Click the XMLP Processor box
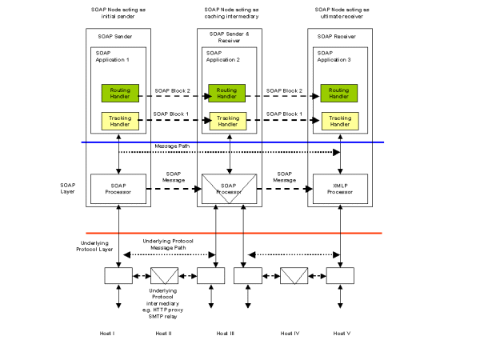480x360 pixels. [340, 189]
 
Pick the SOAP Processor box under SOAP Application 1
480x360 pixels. [118, 189]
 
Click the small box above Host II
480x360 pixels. [164, 276]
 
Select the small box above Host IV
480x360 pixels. [294, 276]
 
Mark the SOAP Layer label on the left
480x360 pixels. [68, 189]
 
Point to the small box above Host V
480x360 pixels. [340, 276]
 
